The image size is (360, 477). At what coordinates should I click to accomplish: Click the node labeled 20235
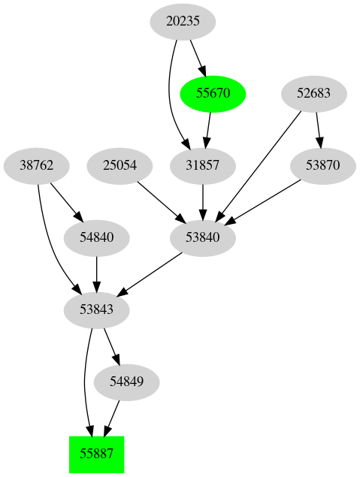tap(183, 22)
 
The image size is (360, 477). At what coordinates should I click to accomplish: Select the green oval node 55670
tap(213, 94)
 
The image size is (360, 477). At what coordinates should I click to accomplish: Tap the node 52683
tap(314, 94)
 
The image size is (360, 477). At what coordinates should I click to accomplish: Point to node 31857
tap(202, 166)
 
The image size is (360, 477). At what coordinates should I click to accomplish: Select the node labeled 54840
tap(97, 238)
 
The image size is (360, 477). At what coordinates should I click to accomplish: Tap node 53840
tap(202, 238)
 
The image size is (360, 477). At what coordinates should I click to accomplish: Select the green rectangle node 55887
tap(96, 454)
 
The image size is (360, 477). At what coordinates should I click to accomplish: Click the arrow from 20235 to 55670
tap(198, 57)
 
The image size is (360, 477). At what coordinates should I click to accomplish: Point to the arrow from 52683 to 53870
tap(319, 129)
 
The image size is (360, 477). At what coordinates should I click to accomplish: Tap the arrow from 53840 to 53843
tap(150, 273)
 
